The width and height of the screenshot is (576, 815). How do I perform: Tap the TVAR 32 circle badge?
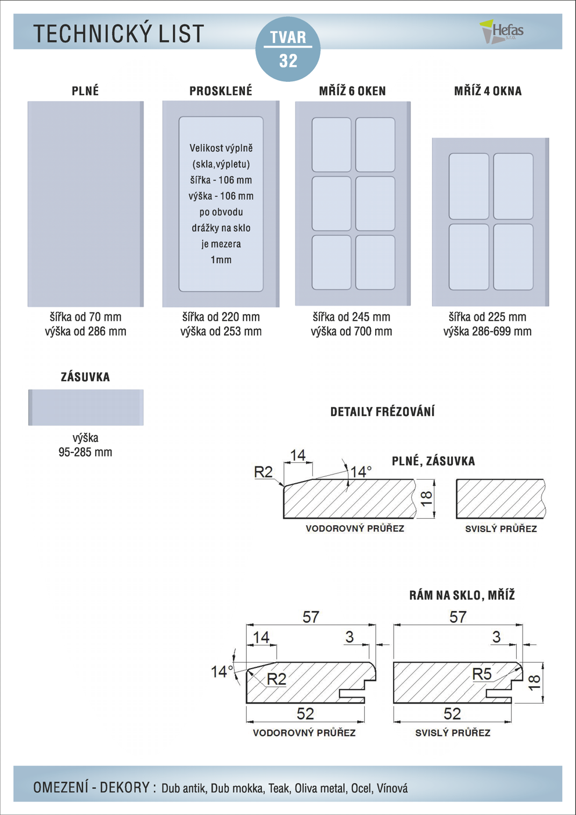coord(288,49)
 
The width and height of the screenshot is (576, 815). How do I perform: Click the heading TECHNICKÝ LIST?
coord(118,34)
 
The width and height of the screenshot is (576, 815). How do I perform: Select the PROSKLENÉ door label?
coord(221,91)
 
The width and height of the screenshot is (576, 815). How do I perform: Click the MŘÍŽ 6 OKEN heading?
coord(352,91)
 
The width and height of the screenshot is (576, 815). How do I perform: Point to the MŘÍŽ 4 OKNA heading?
coord(488,91)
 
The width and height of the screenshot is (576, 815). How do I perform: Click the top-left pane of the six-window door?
coord(332,145)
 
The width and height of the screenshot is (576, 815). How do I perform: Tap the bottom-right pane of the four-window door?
coord(513,257)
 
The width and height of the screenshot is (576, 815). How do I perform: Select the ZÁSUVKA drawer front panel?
coord(86,407)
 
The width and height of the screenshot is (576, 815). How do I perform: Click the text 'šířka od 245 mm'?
coord(351,317)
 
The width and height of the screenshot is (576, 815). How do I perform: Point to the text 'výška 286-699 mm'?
coord(487,332)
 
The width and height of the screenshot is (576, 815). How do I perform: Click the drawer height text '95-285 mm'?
coord(85,453)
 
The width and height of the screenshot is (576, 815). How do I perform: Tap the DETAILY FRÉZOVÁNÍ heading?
coord(382,412)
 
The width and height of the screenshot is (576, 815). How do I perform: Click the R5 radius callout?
coord(482,674)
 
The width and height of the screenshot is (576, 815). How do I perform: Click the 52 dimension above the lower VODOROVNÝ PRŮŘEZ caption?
coord(305,713)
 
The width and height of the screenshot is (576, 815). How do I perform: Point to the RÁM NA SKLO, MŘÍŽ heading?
coord(462,595)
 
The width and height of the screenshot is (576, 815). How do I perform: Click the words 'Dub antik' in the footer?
coord(183,789)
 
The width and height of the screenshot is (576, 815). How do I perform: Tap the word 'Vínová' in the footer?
coord(392,789)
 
